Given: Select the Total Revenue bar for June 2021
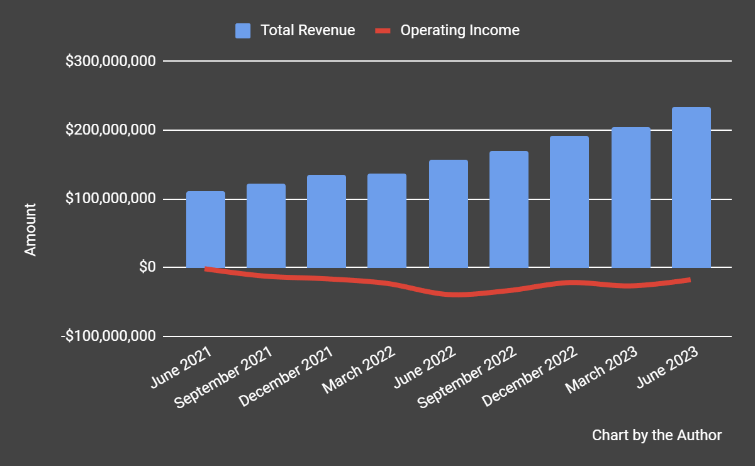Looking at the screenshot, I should [x=206, y=230].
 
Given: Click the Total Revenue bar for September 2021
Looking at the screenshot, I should [x=266, y=226].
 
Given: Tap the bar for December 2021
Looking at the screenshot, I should [x=327, y=221].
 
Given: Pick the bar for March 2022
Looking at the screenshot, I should [x=387, y=221].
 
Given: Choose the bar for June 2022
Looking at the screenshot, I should [x=449, y=214].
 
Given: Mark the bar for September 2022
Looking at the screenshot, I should [x=509, y=209].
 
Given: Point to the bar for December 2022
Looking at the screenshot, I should [x=569, y=202].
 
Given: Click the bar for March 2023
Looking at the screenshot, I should [x=631, y=197].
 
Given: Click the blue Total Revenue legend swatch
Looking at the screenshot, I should [x=243, y=31].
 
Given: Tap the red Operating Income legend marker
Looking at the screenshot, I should [x=384, y=31].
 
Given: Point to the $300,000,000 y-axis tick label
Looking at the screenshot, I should [x=110, y=62].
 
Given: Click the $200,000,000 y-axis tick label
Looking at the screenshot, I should [x=110, y=130].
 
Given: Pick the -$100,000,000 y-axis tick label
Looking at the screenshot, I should [x=108, y=336].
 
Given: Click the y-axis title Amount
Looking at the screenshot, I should [x=30, y=229].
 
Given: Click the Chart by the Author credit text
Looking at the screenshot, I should [x=657, y=435].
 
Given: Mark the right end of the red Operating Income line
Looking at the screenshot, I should [x=690, y=279].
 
